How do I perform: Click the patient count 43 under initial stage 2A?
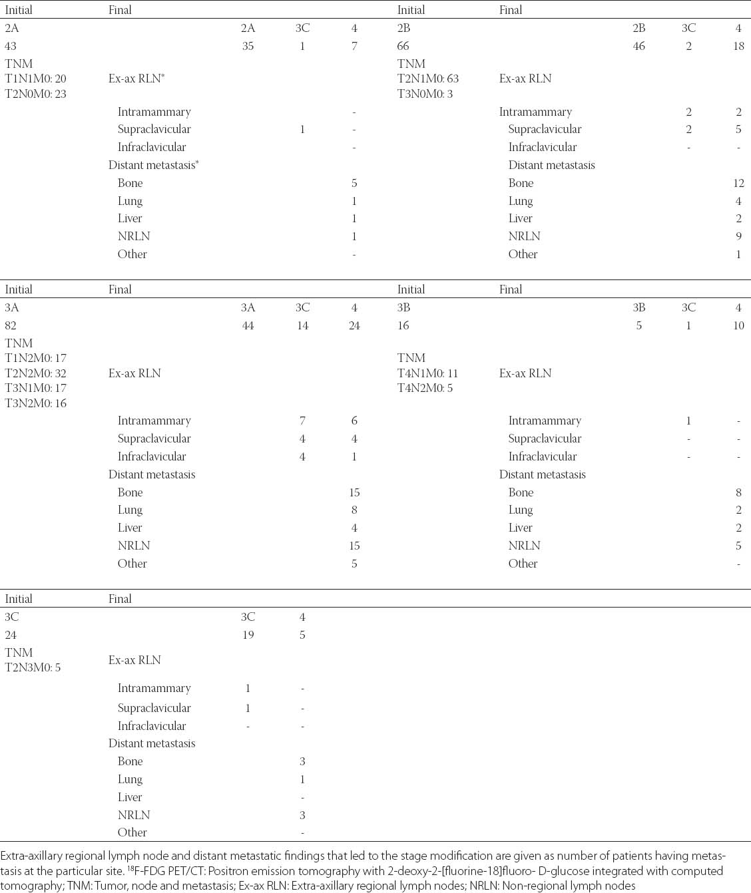tap(11, 46)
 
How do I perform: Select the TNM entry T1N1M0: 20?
tap(36, 79)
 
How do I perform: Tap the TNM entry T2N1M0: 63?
tap(428, 79)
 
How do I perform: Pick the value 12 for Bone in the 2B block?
tap(738, 183)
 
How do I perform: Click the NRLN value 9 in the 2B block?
tap(738, 236)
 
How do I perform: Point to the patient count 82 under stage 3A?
tap(11, 325)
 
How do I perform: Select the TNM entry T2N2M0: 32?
tap(36, 373)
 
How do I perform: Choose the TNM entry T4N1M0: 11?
tap(428, 373)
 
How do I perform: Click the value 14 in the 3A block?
tap(302, 325)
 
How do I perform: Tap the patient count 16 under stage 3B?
tap(403, 325)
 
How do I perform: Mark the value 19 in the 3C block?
tap(248, 635)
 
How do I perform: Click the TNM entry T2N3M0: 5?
tap(33, 667)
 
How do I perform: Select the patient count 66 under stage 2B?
tap(403, 46)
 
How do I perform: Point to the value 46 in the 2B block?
tap(638, 46)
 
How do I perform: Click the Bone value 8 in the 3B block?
tap(738, 492)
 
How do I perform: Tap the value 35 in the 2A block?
tap(248, 46)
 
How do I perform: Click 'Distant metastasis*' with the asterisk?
tap(154, 165)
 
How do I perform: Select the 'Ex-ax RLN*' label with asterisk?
tap(136, 79)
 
